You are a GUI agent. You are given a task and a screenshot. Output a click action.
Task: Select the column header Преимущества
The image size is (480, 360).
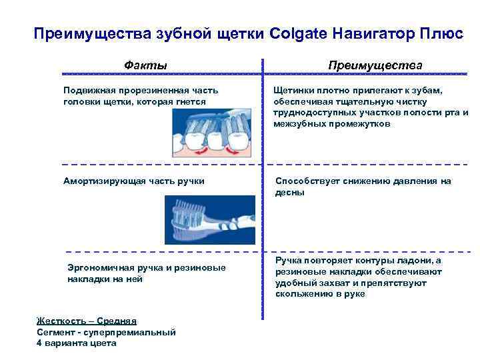375,65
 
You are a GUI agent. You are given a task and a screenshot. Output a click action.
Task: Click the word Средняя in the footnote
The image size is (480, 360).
115,321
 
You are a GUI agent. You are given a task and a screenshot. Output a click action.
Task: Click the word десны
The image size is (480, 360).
290,192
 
